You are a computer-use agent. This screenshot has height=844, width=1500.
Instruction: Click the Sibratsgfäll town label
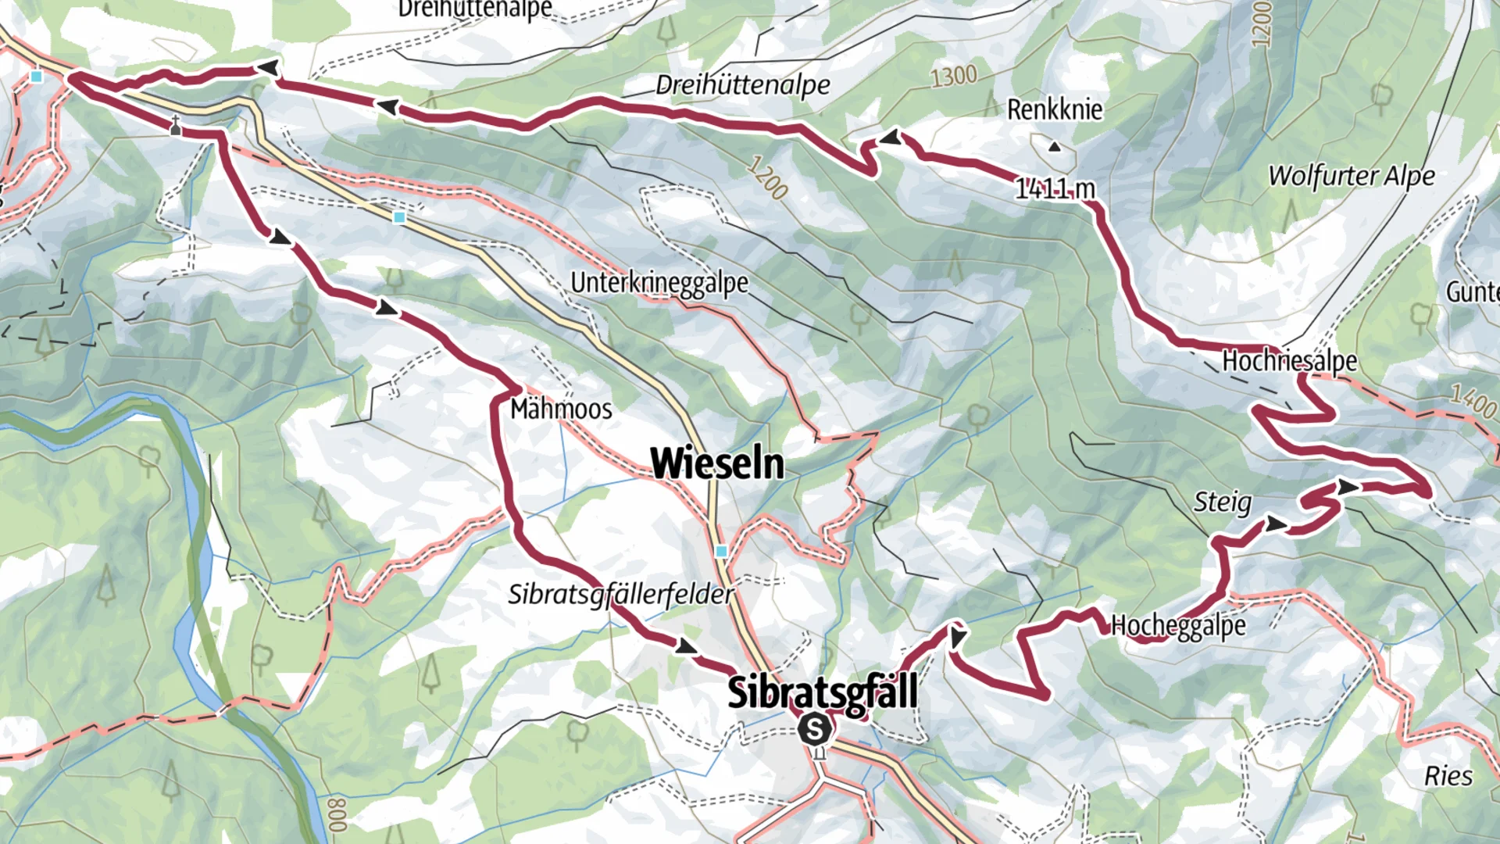point(822,693)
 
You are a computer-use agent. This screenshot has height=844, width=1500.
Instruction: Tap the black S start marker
point(814,730)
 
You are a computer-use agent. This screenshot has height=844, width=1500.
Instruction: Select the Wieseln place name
point(717,463)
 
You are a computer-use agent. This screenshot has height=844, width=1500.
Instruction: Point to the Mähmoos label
point(561,409)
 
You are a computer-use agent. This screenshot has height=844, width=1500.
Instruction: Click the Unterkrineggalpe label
point(659,283)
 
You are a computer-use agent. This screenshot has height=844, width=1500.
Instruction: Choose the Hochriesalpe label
point(1289,361)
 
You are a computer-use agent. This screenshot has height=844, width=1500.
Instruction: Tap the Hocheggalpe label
point(1178,625)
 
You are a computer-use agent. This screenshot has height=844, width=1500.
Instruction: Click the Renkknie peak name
point(1055,110)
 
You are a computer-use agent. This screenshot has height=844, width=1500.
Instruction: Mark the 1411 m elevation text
point(1055,188)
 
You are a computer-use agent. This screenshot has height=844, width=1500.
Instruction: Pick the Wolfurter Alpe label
point(1352,176)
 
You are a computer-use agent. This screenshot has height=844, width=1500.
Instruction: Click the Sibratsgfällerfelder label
point(621,595)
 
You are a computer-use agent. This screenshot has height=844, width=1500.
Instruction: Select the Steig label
point(1222,502)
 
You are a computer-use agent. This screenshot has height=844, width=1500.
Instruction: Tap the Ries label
point(1448,776)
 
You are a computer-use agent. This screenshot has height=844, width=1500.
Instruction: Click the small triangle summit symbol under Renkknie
point(1055,146)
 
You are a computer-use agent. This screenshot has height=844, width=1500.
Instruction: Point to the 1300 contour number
point(954,76)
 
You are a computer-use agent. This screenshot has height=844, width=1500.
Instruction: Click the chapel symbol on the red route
point(176,127)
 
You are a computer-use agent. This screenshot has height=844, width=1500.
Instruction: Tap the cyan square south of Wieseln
point(721,552)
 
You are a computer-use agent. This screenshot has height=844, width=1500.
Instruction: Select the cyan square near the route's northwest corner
point(37,77)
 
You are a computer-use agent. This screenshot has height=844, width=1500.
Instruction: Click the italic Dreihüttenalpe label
point(742,85)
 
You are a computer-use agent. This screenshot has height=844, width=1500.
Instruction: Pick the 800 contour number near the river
point(337,815)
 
